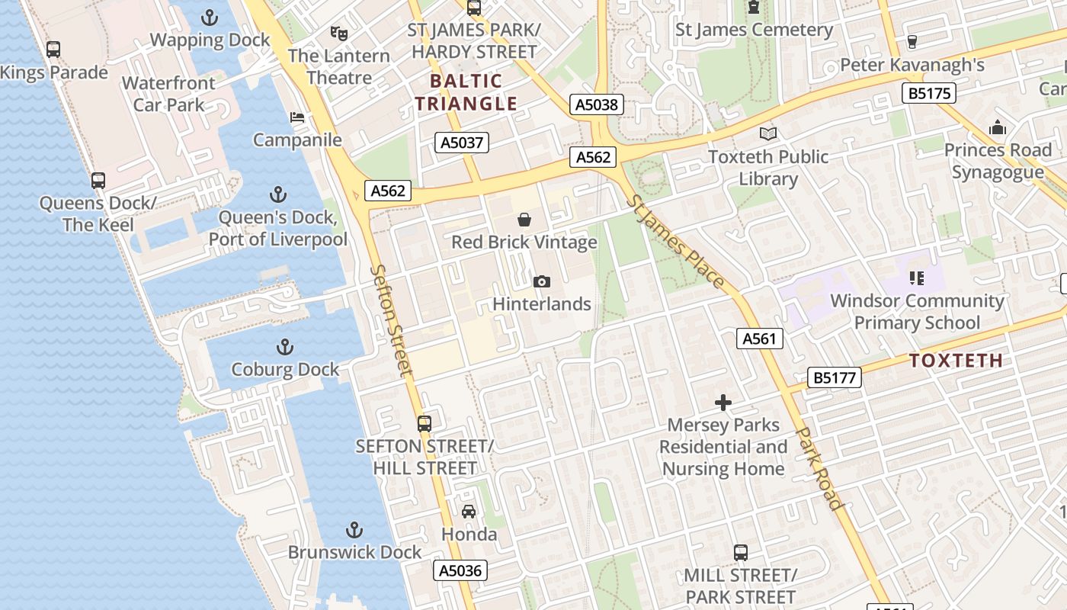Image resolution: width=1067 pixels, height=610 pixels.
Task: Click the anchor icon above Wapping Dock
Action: tap(210, 17)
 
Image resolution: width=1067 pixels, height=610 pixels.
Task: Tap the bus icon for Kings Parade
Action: tap(53, 50)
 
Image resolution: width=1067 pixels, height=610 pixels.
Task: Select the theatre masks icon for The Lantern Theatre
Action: tap(338, 33)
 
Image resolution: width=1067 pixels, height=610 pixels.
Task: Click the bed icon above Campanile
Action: tap(297, 117)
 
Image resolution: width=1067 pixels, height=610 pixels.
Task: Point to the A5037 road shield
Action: tap(463, 143)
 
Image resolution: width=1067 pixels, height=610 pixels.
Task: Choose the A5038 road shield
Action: tap(597, 104)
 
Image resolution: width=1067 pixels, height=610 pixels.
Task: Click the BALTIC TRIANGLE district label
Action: tap(466, 92)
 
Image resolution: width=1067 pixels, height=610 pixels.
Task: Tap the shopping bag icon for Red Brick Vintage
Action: tap(524, 220)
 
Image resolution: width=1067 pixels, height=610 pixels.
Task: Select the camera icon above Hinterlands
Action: tap(542, 281)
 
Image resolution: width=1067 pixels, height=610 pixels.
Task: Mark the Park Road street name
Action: tap(820, 467)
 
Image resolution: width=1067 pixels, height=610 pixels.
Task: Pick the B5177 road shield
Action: tap(835, 377)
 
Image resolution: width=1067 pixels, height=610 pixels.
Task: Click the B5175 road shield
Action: tap(928, 94)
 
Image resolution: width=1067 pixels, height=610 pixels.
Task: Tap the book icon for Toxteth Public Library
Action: tap(768, 134)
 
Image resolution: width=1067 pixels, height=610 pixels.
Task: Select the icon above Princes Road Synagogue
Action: tap(998, 127)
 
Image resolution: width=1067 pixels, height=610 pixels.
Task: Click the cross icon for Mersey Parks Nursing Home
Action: tap(723, 403)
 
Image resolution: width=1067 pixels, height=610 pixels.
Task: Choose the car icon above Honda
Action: tap(469, 512)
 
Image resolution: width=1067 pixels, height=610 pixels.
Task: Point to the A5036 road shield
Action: tap(460, 570)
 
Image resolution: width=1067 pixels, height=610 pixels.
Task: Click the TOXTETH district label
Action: tap(956, 361)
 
